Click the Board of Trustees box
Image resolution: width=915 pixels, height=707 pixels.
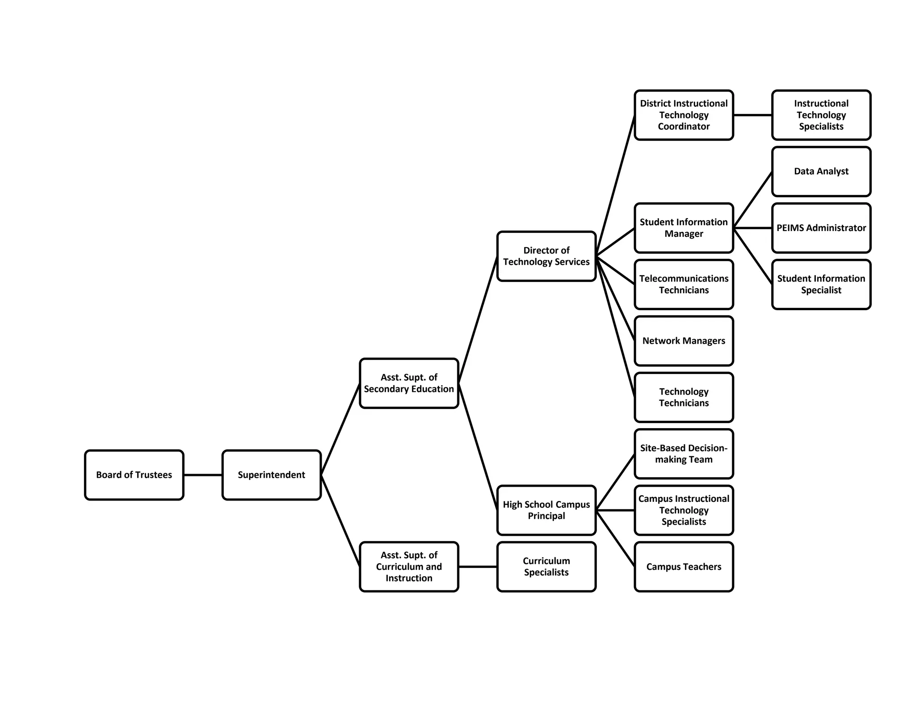coord(134,475)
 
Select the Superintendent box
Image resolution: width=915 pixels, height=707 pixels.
coord(271,475)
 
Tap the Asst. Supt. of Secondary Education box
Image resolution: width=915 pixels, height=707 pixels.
coord(409,383)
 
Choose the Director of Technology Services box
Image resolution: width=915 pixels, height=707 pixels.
coord(546,256)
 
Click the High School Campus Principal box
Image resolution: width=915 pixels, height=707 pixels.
coord(546,510)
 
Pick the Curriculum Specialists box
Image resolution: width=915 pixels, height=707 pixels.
coord(546,566)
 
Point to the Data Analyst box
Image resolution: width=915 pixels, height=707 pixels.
coord(821,171)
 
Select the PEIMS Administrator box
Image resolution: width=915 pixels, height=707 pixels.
coord(821,228)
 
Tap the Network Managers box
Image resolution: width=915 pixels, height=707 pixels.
coord(684,341)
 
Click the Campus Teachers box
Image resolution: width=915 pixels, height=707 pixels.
coord(684,567)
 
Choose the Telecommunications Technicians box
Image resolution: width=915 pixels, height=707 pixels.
coord(684,284)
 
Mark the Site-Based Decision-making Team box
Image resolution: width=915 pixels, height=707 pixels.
coord(684,454)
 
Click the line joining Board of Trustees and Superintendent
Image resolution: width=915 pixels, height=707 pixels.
coord(203,475)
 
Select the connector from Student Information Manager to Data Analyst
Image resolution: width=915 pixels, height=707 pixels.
coord(753,199)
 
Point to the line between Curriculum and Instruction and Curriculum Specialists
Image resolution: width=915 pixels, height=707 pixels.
coord(478,567)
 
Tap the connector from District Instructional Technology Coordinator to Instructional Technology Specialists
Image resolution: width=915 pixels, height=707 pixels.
coord(752,115)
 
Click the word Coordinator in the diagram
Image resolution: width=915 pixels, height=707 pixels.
coord(684,126)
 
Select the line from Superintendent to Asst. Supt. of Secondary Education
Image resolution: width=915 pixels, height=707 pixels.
coord(340,429)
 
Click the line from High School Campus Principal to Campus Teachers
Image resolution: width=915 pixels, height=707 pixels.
coord(615,538)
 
